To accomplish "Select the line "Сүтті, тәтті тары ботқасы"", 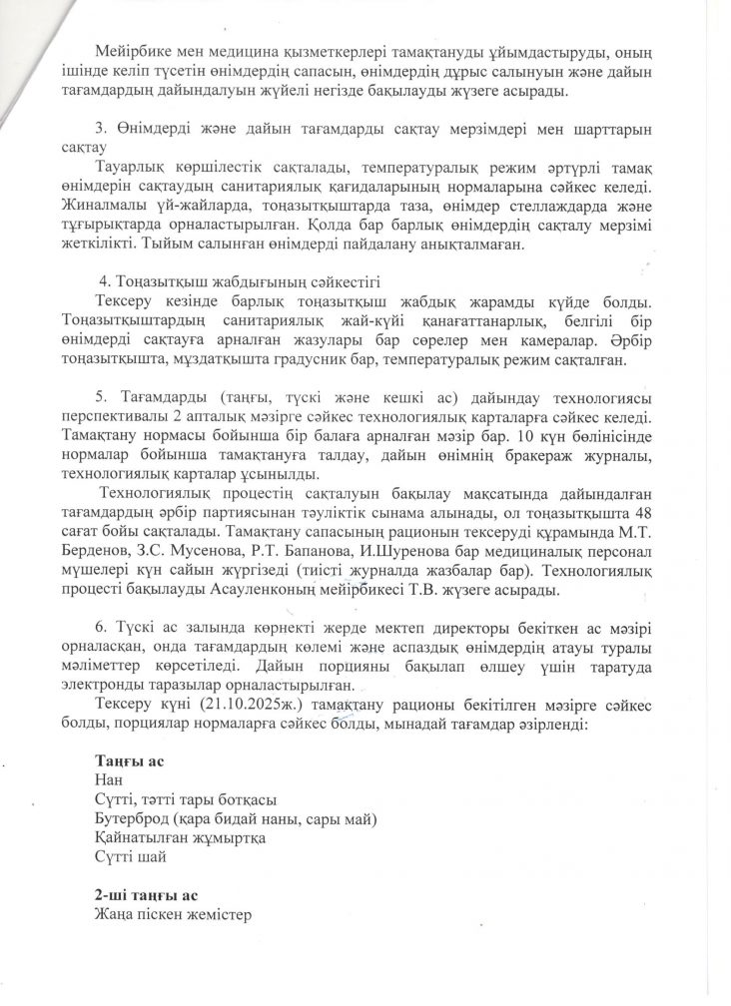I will click(185, 800).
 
